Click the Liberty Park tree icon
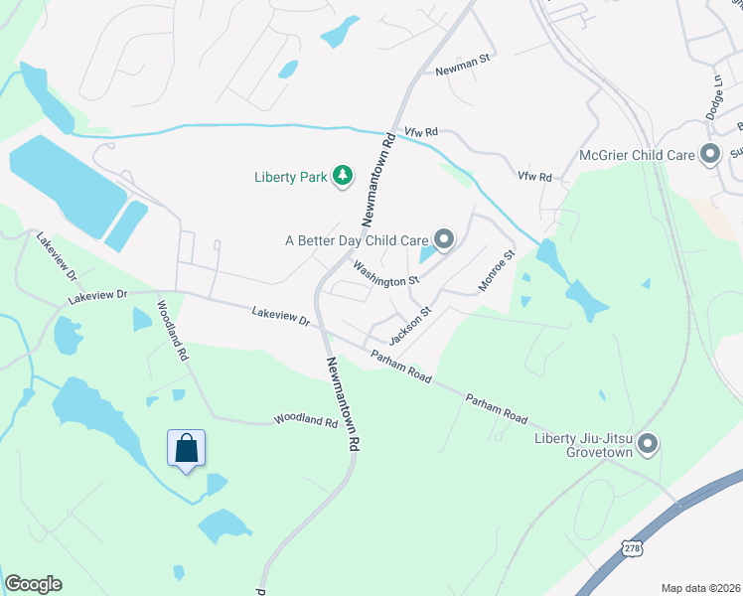click(x=343, y=177)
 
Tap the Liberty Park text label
click(x=290, y=178)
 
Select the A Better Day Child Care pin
click(x=444, y=239)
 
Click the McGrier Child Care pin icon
click(x=709, y=155)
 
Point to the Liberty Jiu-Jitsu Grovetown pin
click(x=648, y=444)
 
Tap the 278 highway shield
click(x=633, y=547)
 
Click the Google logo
click(x=33, y=584)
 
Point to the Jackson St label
click(x=409, y=326)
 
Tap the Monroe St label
click(x=496, y=269)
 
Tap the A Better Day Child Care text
click(x=357, y=240)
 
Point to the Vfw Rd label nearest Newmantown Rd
click(x=421, y=131)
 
